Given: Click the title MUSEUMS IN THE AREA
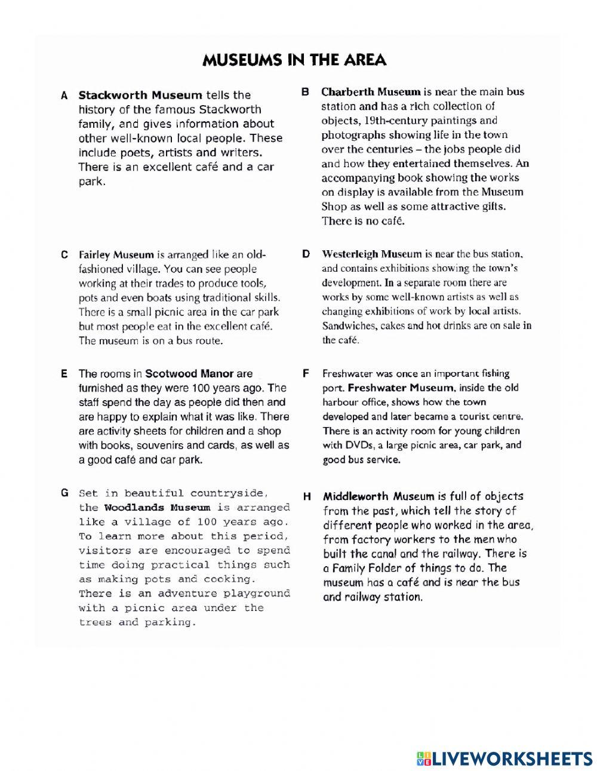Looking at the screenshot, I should (294, 60).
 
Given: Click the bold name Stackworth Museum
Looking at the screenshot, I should (140, 95).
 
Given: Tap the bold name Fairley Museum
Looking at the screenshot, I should (116, 254).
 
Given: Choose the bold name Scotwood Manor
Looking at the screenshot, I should (189, 374).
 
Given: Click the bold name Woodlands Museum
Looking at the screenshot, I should (157, 508).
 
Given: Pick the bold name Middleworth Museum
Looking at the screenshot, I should (378, 496).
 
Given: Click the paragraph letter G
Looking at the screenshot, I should (65, 493).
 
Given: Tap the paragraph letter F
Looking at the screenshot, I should (306, 373).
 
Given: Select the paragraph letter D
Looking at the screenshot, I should (306, 254).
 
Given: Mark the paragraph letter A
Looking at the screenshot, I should (64, 96).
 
